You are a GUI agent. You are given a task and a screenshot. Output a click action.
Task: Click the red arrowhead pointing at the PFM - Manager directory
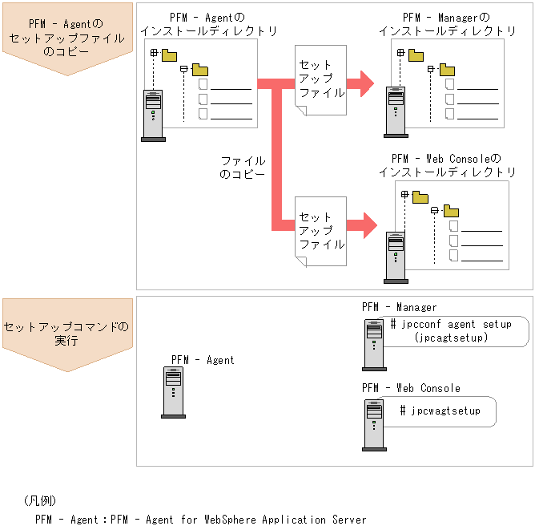[x=367, y=82]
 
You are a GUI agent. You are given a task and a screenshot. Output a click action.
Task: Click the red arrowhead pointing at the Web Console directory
[x=368, y=225]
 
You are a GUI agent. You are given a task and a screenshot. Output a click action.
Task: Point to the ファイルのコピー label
[x=242, y=167]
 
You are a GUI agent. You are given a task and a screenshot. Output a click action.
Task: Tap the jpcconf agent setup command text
[x=450, y=325]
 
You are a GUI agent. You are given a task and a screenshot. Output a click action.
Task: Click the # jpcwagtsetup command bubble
[x=440, y=411]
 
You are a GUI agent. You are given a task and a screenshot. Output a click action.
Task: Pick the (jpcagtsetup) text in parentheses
[x=452, y=338]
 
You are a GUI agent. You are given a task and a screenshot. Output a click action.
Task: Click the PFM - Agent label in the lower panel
[x=203, y=360]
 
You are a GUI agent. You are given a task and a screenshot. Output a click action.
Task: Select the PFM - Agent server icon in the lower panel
[x=173, y=393]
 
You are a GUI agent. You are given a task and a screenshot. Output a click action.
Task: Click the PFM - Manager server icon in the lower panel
[x=374, y=345]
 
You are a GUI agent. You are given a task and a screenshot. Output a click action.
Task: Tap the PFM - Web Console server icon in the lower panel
[x=374, y=425]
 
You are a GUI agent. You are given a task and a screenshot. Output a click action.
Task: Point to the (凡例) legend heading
[x=40, y=501]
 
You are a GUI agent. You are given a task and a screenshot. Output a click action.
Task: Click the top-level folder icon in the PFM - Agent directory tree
[x=169, y=55]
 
